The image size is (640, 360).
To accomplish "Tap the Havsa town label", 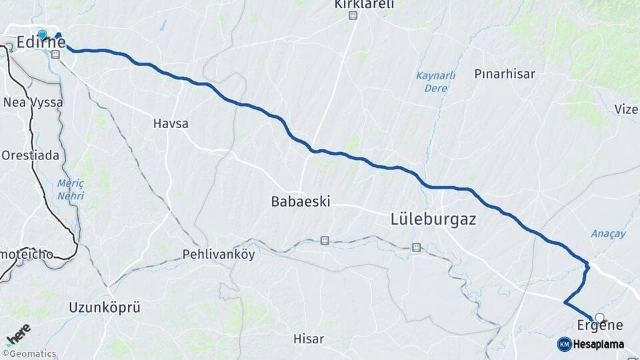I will click(171, 123).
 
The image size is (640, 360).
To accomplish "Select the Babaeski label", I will click(301, 201).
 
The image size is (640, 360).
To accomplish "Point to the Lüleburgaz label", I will click(433, 219).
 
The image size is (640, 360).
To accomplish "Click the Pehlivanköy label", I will click(219, 255).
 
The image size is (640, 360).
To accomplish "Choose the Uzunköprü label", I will click(105, 307).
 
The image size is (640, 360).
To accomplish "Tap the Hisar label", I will click(309, 339).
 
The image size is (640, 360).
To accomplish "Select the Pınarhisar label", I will click(505, 74).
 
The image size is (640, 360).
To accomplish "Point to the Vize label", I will click(626, 109).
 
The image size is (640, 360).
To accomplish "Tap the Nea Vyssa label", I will click(33, 103).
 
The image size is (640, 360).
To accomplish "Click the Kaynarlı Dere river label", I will click(435, 81).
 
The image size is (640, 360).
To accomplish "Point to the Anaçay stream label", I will click(608, 233).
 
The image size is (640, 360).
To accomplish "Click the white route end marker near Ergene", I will click(600, 317).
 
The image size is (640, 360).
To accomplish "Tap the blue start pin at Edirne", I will click(43, 34).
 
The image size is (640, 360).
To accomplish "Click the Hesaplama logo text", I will click(599, 344).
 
